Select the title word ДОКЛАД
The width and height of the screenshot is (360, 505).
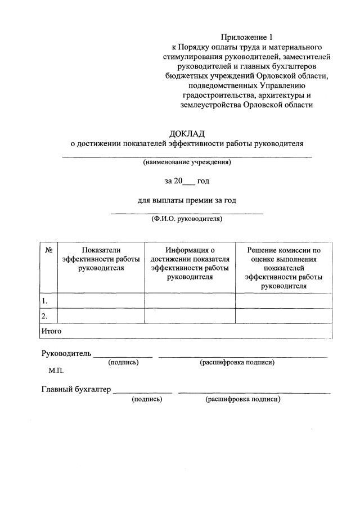186,133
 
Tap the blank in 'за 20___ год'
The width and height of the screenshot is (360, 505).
189,181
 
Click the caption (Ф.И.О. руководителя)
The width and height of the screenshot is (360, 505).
187,219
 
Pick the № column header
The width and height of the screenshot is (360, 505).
48,250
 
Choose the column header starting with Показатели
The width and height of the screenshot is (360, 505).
101,259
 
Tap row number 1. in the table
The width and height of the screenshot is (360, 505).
44,301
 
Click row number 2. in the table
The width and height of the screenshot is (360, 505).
44,316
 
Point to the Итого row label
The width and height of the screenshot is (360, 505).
51,331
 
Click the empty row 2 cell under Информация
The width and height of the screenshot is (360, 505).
190,316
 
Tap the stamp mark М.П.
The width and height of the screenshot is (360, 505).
56,371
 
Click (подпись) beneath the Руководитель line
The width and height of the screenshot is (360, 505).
123,363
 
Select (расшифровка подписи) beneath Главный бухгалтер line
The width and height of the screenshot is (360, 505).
243,399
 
